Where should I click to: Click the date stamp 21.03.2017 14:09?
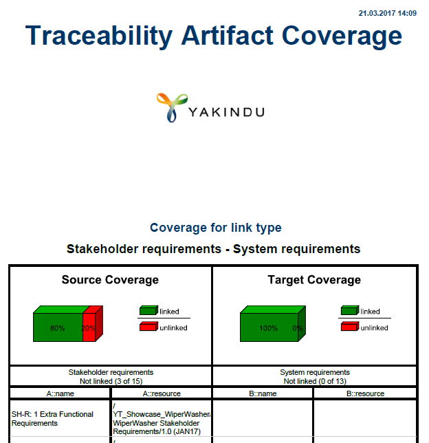[x=388, y=13]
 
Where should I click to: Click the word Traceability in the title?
[x=99, y=36]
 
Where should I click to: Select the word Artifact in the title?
[x=228, y=35]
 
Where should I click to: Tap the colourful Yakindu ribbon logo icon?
[x=172, y=107]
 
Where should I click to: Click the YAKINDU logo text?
[x=226, y=112]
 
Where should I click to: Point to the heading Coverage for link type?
[x=215, y=228]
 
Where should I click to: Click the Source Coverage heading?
[x=110, y=280]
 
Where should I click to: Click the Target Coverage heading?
[x=314, y=280]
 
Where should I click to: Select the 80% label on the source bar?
[x=57, y=328]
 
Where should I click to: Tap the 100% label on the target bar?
[x=269, y=328]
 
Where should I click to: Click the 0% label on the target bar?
[x=298, y=328]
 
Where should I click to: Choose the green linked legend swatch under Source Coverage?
[x=148, y=310]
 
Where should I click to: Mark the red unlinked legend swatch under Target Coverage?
[x=350, y=326]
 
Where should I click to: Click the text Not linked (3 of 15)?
[x=111, y=381]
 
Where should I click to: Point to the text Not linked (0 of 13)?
[x=315, y=381]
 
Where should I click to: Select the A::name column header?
[x=60, y=393]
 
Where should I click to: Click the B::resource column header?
[x=366, y=393]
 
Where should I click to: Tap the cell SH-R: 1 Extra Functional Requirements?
[x=52, y=419]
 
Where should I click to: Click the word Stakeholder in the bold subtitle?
[x=102, y=249]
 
